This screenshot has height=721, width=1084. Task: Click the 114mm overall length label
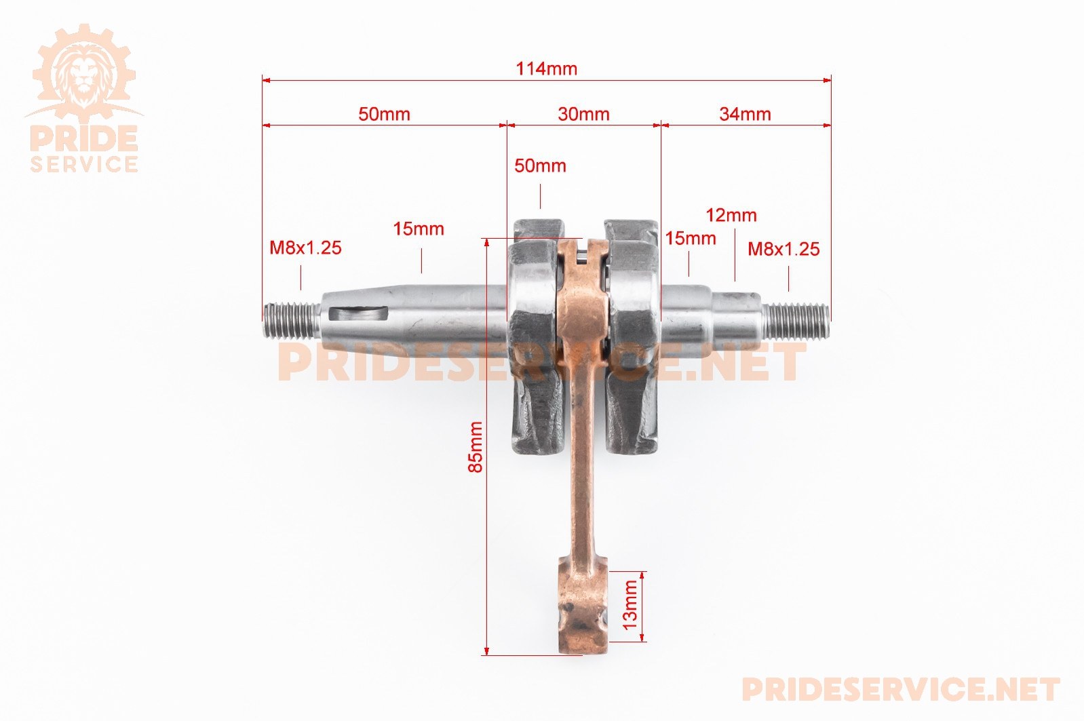(x=546, y=69)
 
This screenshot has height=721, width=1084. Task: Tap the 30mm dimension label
(x=583, y=114)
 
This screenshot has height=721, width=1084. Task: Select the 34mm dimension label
(x=745, y=114)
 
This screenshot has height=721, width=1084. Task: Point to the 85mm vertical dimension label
(x=476, y=446)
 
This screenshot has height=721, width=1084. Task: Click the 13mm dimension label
(x=630, y=604)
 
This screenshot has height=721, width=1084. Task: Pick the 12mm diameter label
(x=731, y=215)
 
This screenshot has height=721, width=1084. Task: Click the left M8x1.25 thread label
(x=305, y=248)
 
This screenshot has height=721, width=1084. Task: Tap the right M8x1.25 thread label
(x=783, y=249)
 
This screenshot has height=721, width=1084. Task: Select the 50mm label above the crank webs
(x=540, y=166)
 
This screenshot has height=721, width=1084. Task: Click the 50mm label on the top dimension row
(x=384, y=114)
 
